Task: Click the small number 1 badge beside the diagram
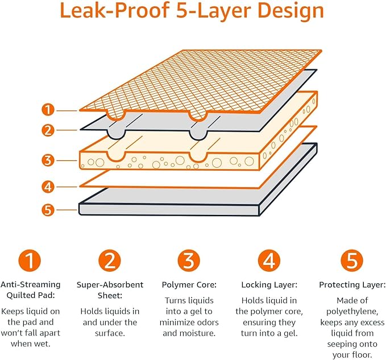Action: (x=49, y=110)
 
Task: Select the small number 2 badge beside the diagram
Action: (x=49, y=130)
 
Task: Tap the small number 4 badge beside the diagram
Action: (x=49, y=186)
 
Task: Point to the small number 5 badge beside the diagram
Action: (x=49, y=210)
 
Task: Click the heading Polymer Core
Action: (x=189, y=284)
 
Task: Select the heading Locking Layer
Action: (x=269, y=284)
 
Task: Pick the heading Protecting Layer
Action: (x=352, y=284)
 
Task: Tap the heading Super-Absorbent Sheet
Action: (x=110, y=289)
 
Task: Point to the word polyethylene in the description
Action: (x=352, y=311)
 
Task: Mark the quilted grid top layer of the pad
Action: (x=199, y=80)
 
